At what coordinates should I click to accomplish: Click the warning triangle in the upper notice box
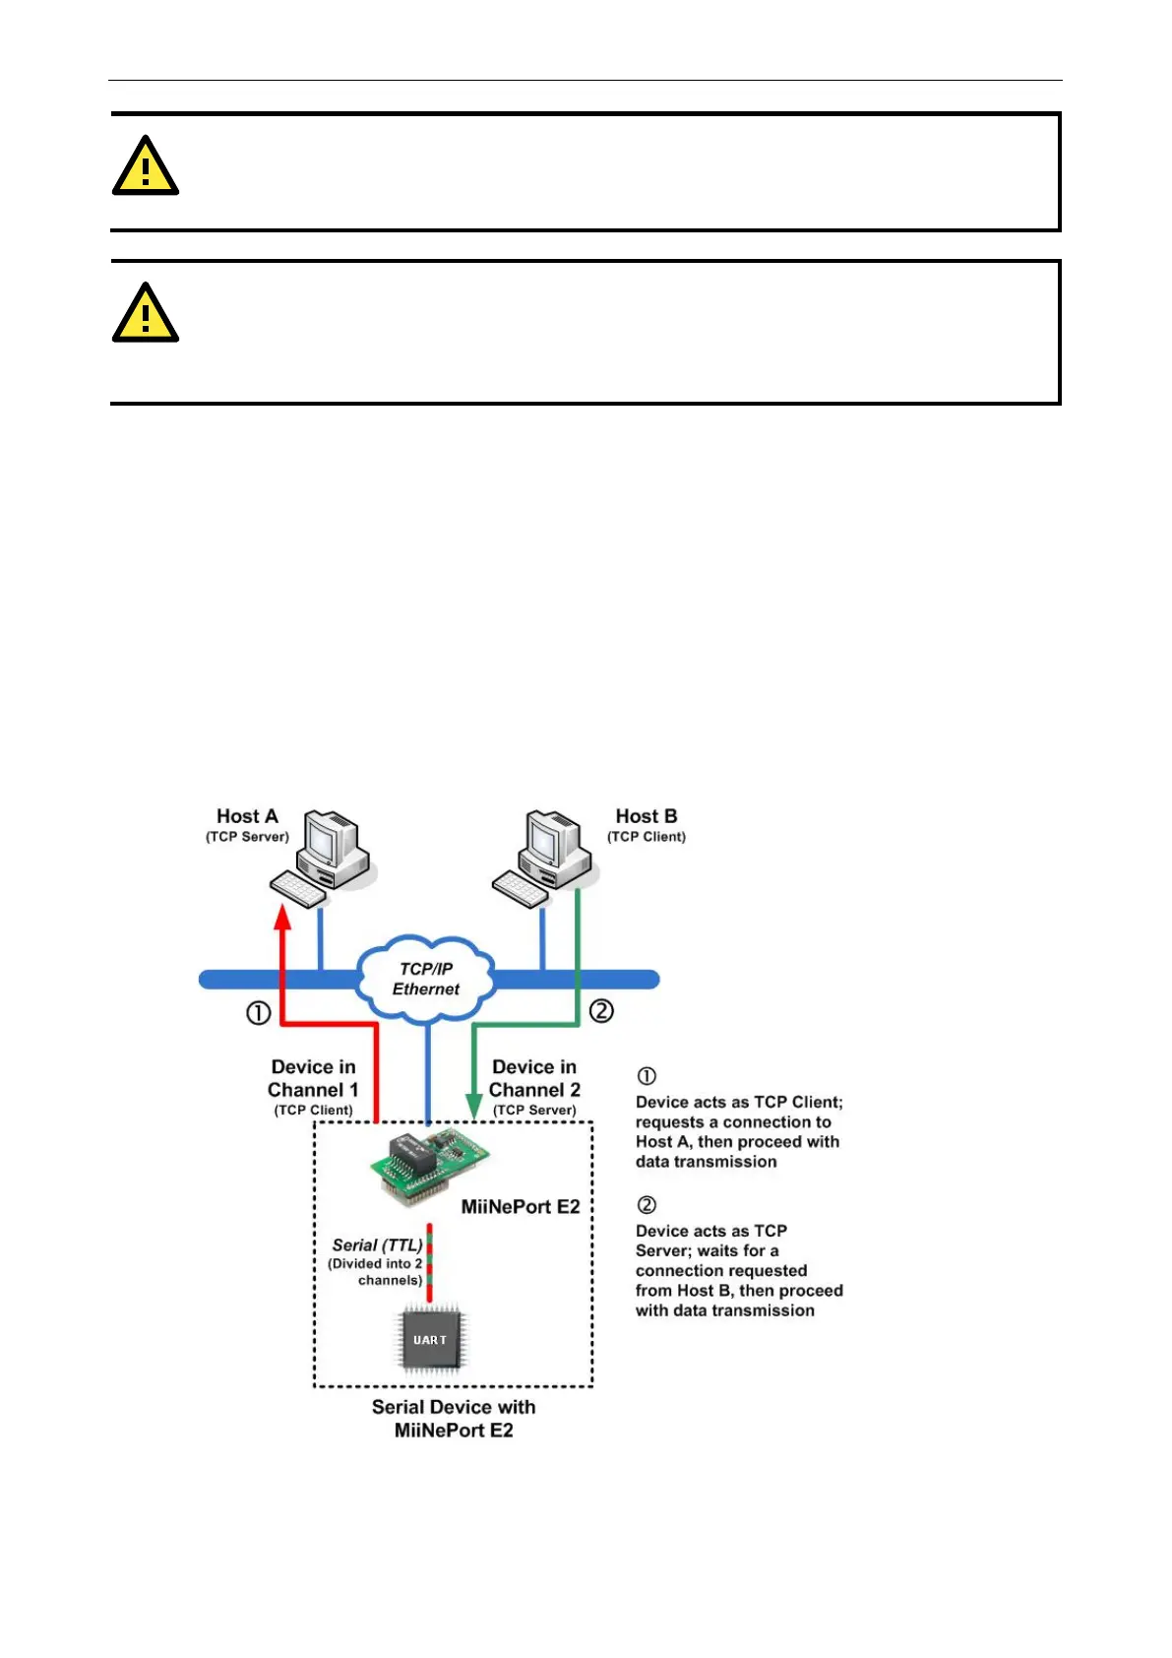[146, 167]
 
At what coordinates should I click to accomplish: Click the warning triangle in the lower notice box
[146, 314]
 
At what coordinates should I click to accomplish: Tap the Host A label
[247, 816]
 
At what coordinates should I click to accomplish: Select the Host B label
[647, 816]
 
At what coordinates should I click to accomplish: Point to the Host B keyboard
[521, 890]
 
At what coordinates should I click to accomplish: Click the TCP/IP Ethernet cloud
[426, 979]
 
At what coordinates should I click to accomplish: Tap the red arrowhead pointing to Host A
[282, 917]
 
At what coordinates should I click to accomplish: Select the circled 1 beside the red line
[258, 1013]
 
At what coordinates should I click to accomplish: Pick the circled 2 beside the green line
[601, 1011]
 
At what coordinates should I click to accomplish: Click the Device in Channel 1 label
[313, 1079]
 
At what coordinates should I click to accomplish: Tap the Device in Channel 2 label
[534, 1079]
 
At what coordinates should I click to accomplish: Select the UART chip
[430, 1340]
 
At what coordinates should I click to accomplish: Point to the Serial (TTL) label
[377, 1245]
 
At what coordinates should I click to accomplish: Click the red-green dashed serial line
[430, 1264]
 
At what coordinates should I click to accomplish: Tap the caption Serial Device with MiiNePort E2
[454, 1419]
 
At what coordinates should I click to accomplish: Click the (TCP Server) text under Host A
[247, 837]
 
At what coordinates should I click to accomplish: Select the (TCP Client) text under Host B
[647, 837]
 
